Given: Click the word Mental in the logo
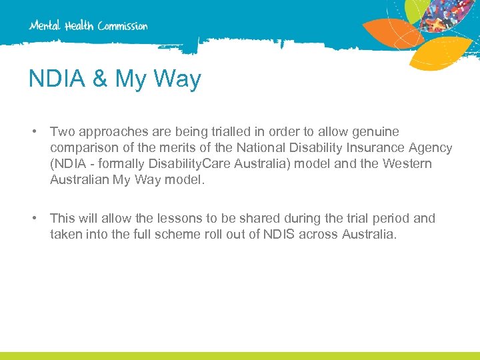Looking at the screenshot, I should click(x=45, y=26).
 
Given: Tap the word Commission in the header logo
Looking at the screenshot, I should click(x=123, y=26).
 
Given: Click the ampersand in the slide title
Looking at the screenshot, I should click(x=99, y=79).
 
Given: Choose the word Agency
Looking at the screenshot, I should click(x=431, y=148).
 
